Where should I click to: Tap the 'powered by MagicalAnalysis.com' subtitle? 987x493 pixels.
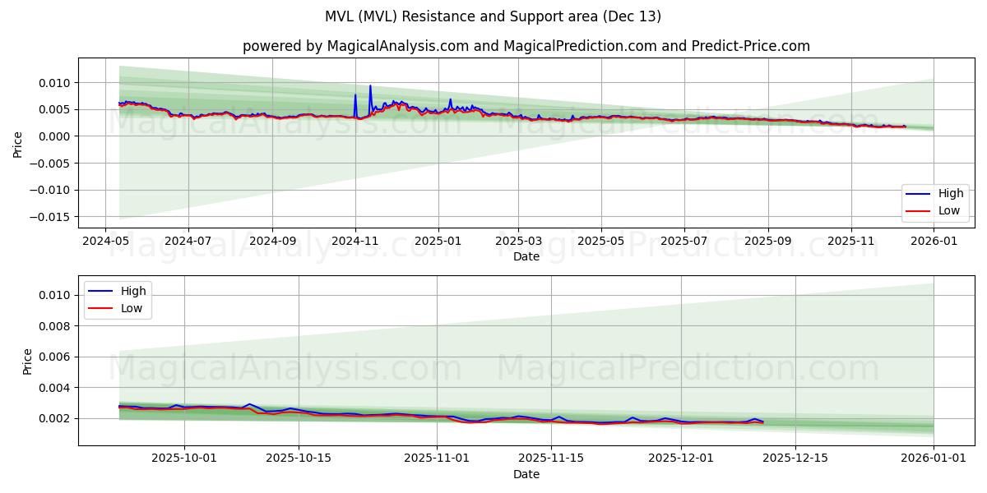[x=526, y=46]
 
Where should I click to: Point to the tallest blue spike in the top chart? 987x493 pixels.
[x=370, y=86]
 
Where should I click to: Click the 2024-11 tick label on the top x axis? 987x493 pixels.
[x=355, y=241]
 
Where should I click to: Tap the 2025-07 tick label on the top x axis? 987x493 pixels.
[x=684, y=241]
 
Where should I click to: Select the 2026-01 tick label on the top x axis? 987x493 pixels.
[x=934, y=241]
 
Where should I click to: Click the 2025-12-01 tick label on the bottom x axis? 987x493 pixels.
[x=681, y=458]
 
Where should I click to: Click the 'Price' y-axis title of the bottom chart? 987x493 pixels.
[x=28, y=362]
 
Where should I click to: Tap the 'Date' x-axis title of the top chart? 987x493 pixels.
[x=526, y=256]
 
